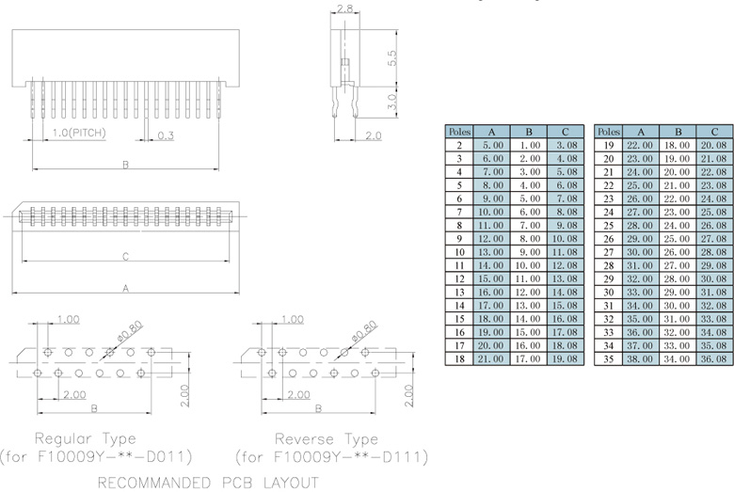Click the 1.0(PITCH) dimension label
coord(78,133)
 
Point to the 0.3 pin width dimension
coord(166,135)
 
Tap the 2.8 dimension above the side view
coord(344,8)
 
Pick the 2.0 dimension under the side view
coord(372,135)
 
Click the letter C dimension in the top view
coord(125,255)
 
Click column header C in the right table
coord(714,132)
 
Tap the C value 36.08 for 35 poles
coord(714,358)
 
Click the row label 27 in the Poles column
coord(609,252)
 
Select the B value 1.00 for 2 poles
coord(529,146)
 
